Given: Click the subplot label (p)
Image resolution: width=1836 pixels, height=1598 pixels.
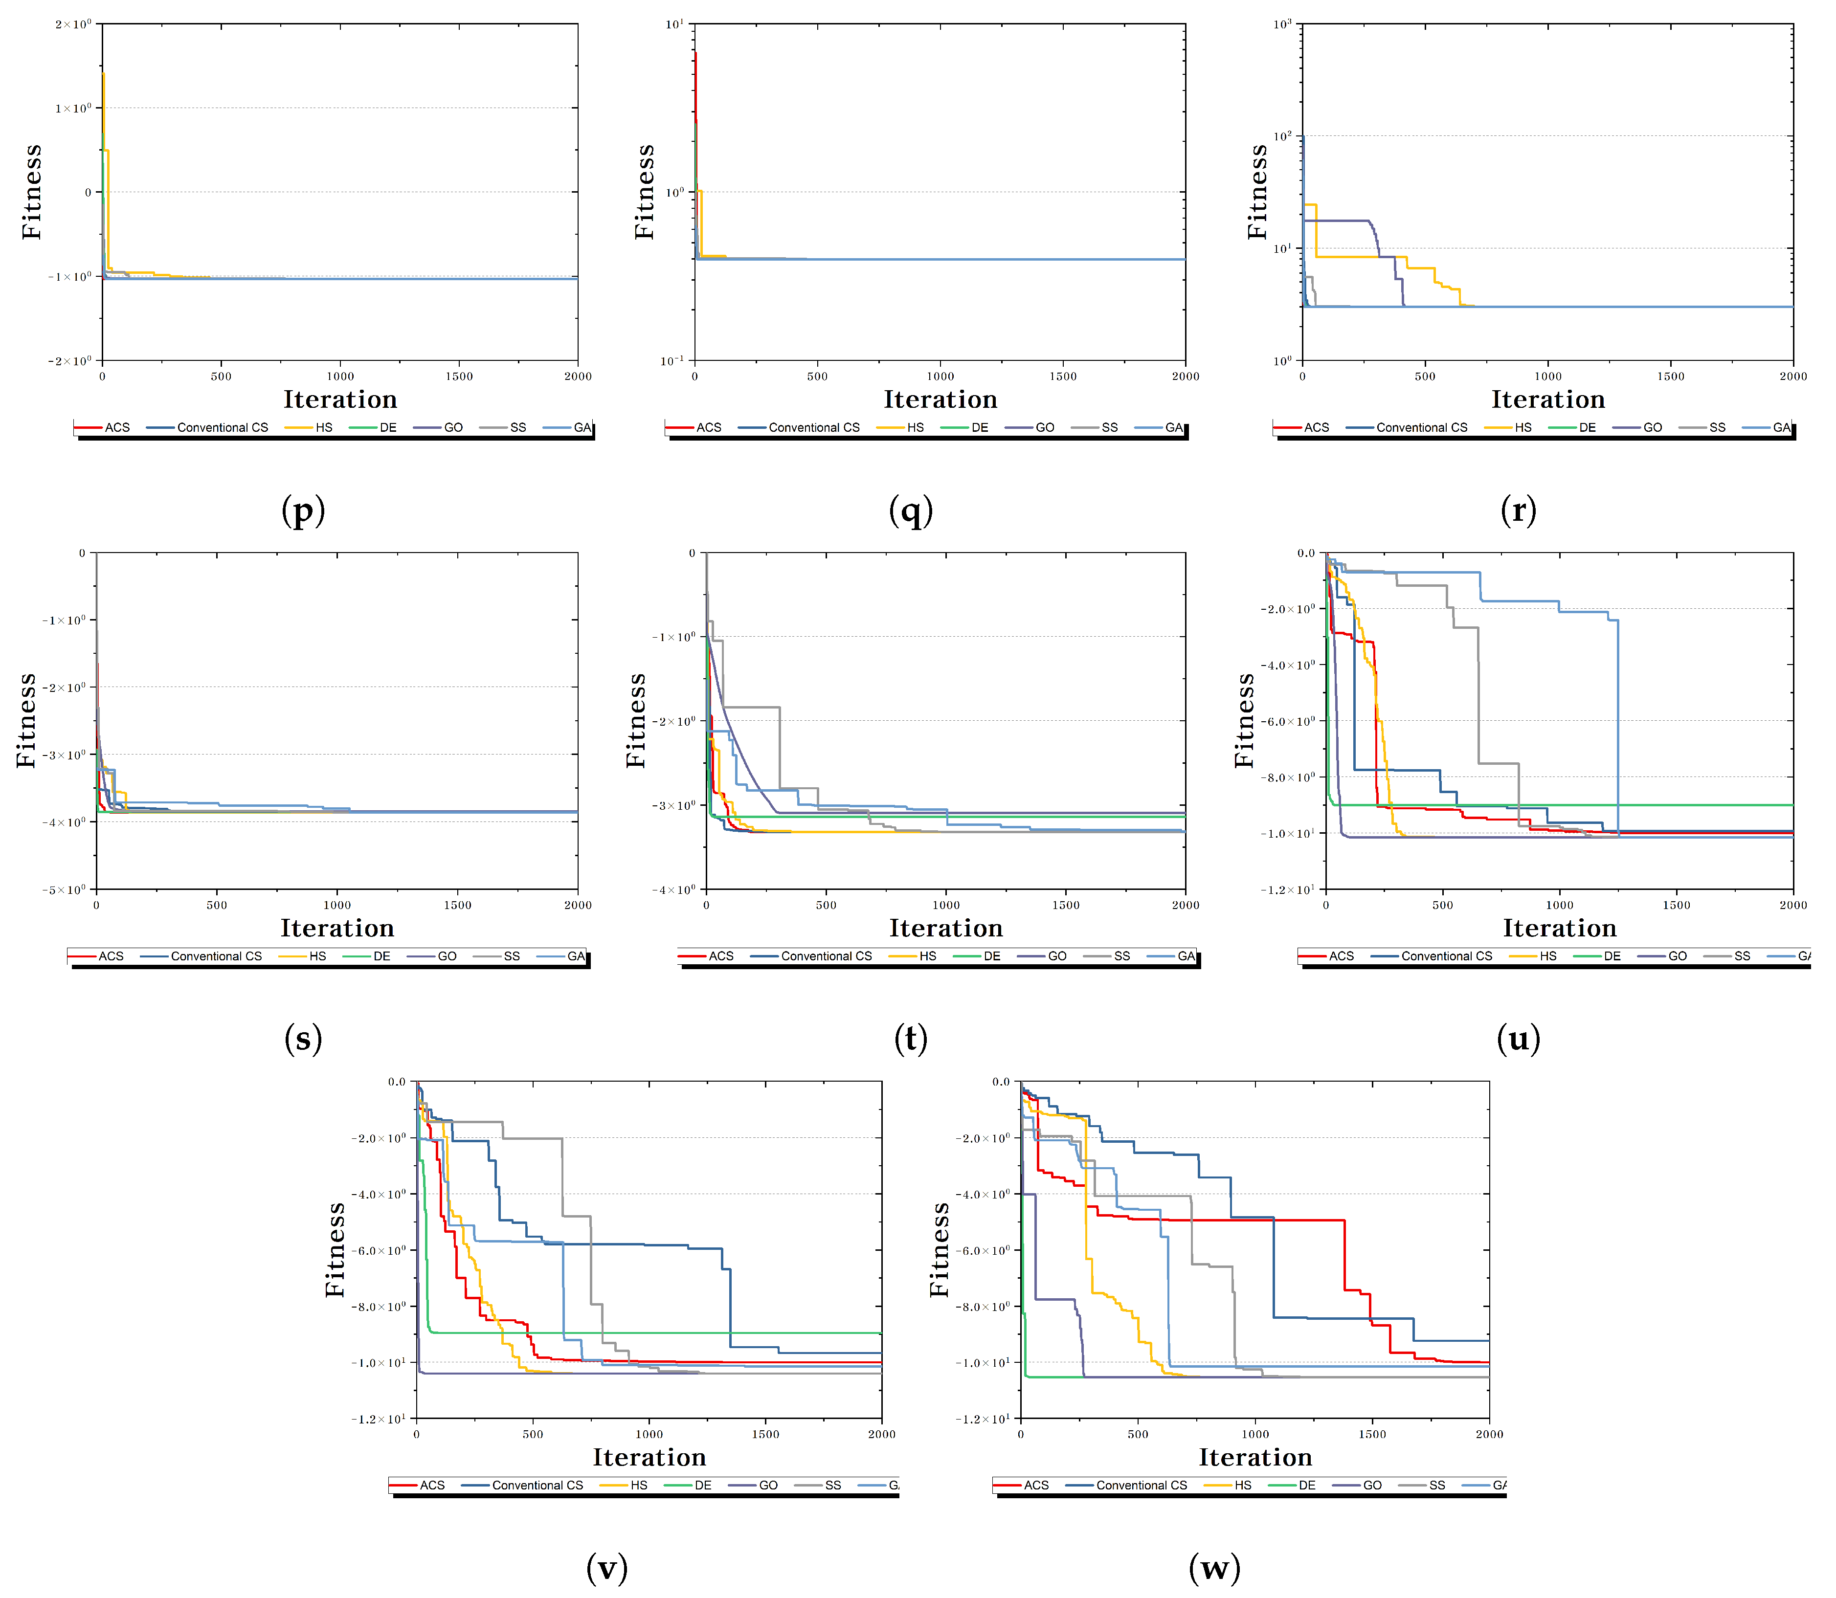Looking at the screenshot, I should (x=303, y=510).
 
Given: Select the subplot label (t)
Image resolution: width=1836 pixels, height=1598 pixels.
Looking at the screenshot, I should (x=911, y=1038).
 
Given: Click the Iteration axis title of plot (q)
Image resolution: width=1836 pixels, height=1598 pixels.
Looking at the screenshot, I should (x=940, y=399).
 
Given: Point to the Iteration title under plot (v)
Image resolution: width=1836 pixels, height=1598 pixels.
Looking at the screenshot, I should (x=649, y=1457).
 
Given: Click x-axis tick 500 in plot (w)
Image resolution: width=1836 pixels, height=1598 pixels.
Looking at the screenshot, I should (x=1138, y=1434).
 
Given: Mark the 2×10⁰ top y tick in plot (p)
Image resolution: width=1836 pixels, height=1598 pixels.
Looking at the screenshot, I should (x=73, y=24).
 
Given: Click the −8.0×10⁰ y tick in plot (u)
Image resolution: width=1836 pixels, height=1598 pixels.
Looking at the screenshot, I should (x=1288, y=777).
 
